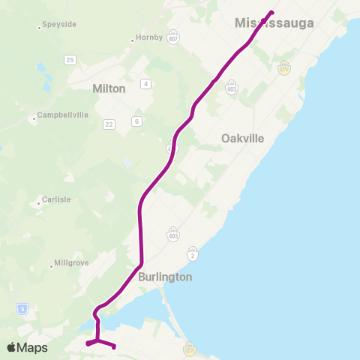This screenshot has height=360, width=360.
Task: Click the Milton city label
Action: tap(109, 88)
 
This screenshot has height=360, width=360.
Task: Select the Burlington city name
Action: tap(165, 277)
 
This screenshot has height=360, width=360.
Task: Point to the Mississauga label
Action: tap(274, 23)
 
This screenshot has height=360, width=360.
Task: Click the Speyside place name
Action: tap(59, 25)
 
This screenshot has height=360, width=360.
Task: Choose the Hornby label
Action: tap(148, 37)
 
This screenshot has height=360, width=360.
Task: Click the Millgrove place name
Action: tap(73, 264)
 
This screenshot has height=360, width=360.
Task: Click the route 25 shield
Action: tap(70, 59)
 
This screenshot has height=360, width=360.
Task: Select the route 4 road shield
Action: tap(145, 83)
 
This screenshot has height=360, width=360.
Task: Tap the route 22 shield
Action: tap(109, 124)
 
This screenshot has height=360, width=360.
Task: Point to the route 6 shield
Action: tap(136, 121)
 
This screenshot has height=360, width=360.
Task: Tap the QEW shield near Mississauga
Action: tap(284, 67)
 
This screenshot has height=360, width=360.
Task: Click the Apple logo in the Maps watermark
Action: tap(12, 347)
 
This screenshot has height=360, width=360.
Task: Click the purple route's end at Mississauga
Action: tap(271, 12)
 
